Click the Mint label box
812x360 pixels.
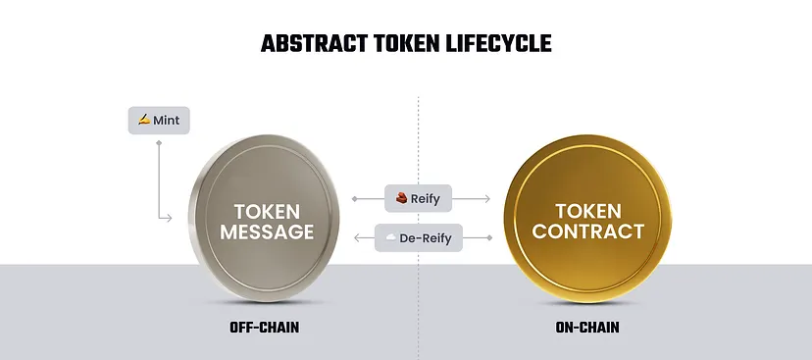[160, 120]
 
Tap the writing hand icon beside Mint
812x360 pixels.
[144, 120]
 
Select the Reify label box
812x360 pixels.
[417, 199]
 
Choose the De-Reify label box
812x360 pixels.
[417, 237]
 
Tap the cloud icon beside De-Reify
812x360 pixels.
[390, 237]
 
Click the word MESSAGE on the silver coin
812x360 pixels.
[267, 232]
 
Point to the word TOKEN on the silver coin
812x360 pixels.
[267, 211]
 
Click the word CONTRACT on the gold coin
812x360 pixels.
[588, 232]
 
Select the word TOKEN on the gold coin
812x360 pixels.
[588, 211]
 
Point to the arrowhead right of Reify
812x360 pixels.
[486, 199]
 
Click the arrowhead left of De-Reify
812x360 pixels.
[354, 237]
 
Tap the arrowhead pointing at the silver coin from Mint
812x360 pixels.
[183, 218]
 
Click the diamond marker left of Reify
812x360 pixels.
[354, 199]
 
